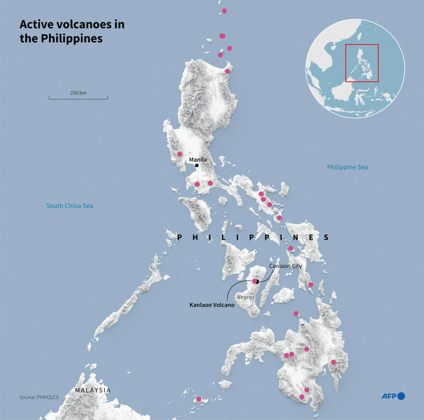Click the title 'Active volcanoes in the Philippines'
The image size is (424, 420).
tap(72, 31)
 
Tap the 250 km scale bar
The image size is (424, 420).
tap(78, 98)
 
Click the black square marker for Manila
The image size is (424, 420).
tap(197, 165)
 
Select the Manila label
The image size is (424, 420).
tap(198, 159)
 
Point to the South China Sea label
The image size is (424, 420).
tap(70, 206)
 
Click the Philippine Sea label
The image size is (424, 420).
tap(347, 167)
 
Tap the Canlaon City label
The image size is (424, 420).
tap(285, 266)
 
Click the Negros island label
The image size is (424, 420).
tap(245, 297)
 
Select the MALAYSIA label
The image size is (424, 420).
tap(93, 390)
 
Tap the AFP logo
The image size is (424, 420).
tap(393, 396)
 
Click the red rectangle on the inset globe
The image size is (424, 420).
tap(362, 63)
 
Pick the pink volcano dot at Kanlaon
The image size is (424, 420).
tap(255, 282)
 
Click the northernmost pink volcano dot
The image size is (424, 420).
tap(224, 11)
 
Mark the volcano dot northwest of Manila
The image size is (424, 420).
tap(179, 154)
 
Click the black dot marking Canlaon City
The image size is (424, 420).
tap(257, 282)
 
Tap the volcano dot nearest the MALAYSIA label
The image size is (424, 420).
tap(199, 399)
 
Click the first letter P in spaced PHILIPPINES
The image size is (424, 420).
tap(179, 238)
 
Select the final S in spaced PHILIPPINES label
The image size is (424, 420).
tap(326, 238)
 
